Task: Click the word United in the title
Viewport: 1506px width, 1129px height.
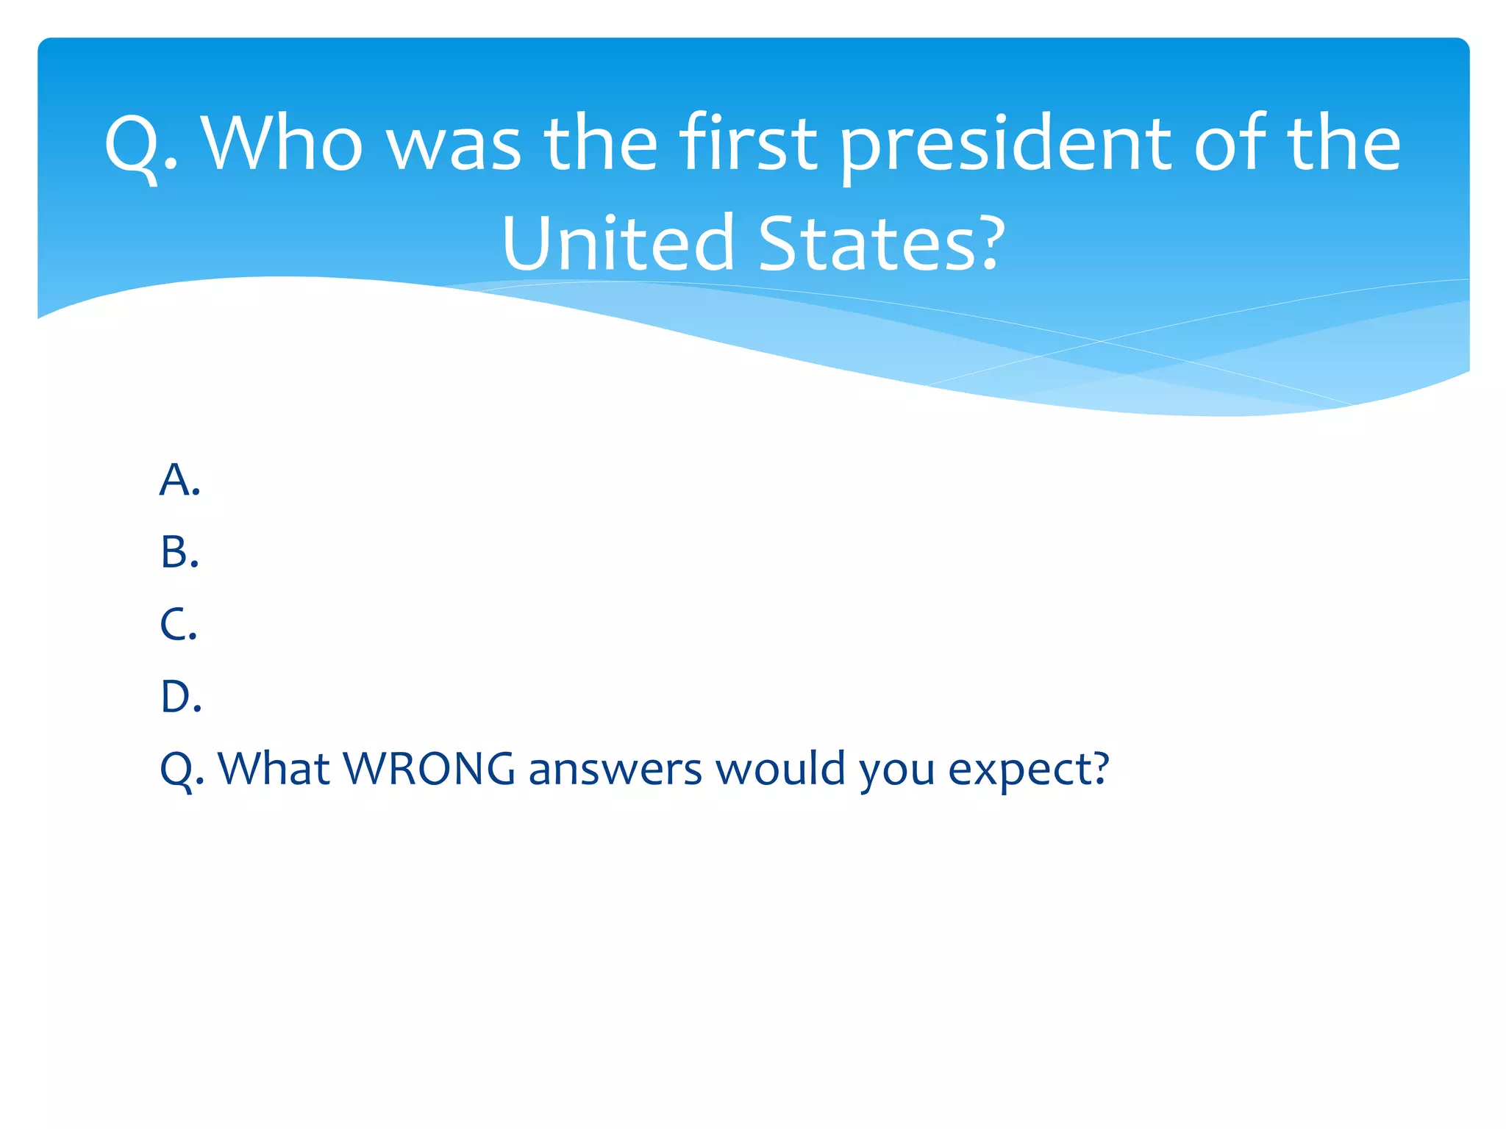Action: click(618, 243)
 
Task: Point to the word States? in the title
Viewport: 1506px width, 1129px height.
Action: click(881, 243)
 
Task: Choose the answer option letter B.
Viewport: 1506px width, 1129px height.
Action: click(179, 552)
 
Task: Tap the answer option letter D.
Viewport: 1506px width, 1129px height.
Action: click(180, 696)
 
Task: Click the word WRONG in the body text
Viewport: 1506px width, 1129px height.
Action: click(429, 769)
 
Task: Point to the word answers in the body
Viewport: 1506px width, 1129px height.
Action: click(615, 769)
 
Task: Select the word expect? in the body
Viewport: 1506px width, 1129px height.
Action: click(1028, 769)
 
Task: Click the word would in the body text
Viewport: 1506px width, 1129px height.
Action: click(780, 769)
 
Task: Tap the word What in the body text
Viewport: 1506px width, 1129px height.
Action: click(274, 769)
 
